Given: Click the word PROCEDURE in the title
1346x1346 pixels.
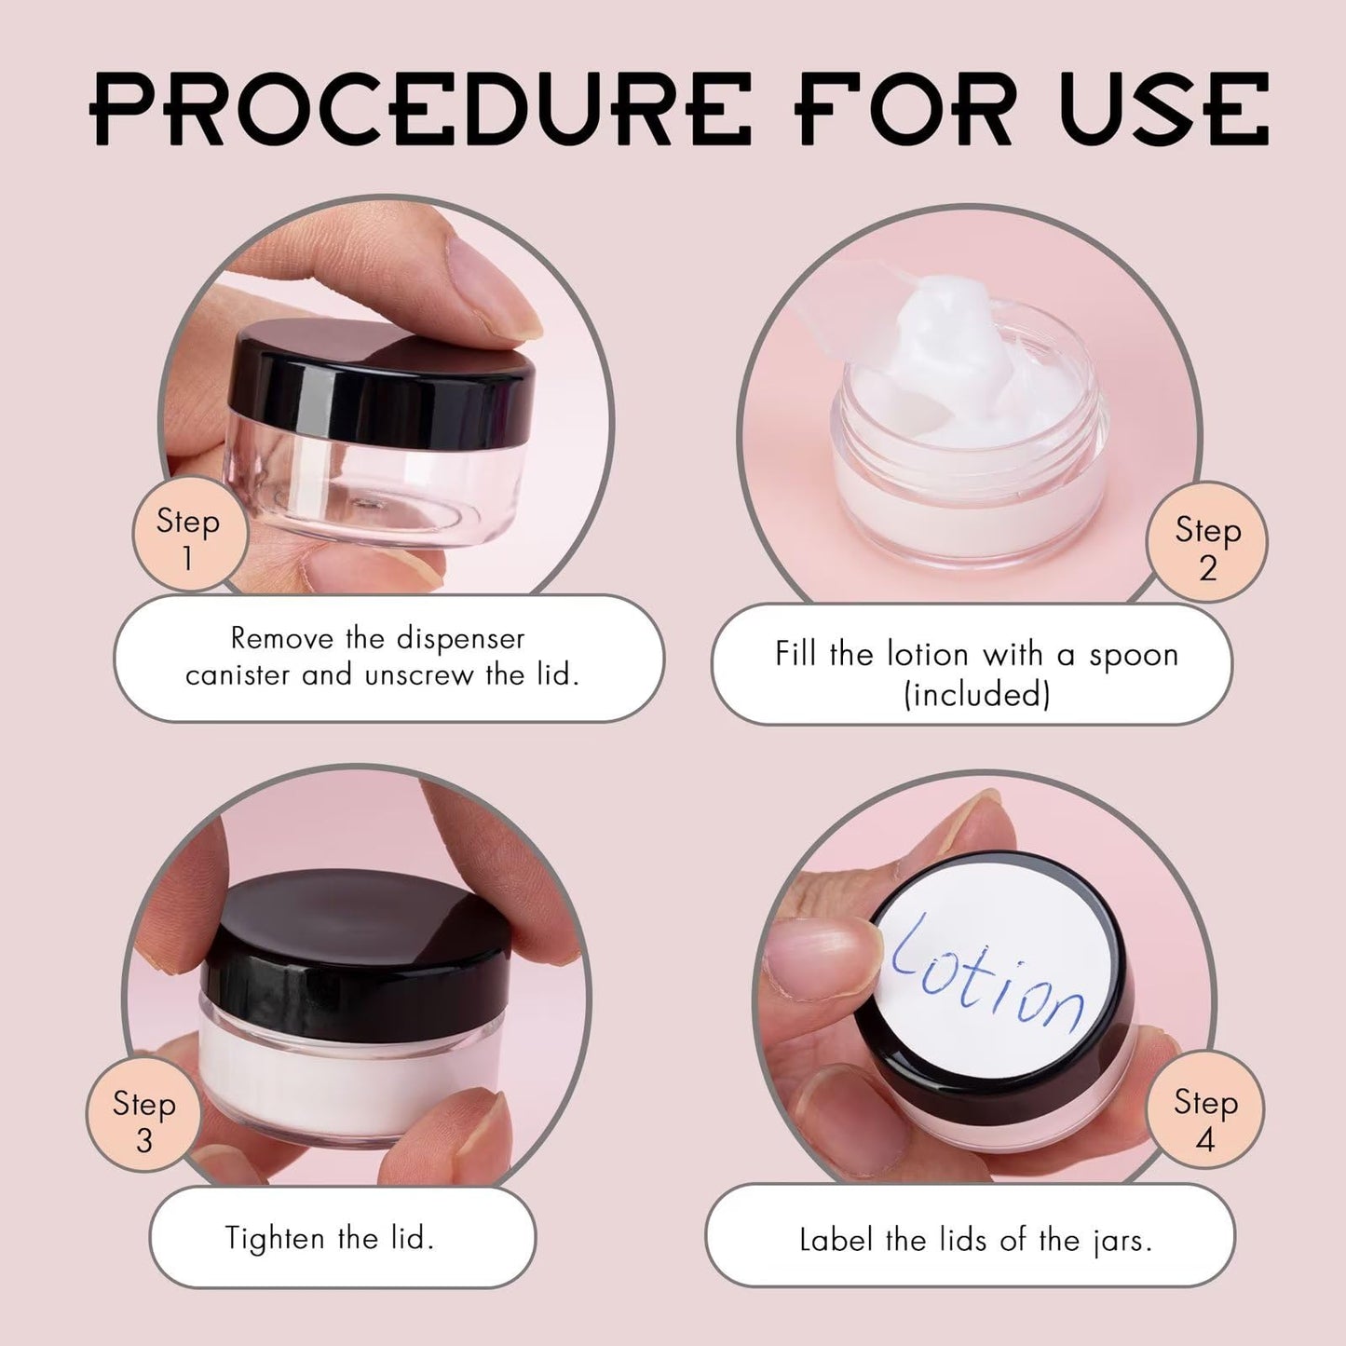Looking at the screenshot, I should (x=420, y=110).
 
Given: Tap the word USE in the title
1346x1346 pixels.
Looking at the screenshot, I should (x=1163, y=110).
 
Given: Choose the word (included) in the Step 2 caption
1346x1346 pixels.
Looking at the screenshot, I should (x=976, y=695).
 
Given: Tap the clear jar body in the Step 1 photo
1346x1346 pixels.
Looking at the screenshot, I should (x=373, y=484).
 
